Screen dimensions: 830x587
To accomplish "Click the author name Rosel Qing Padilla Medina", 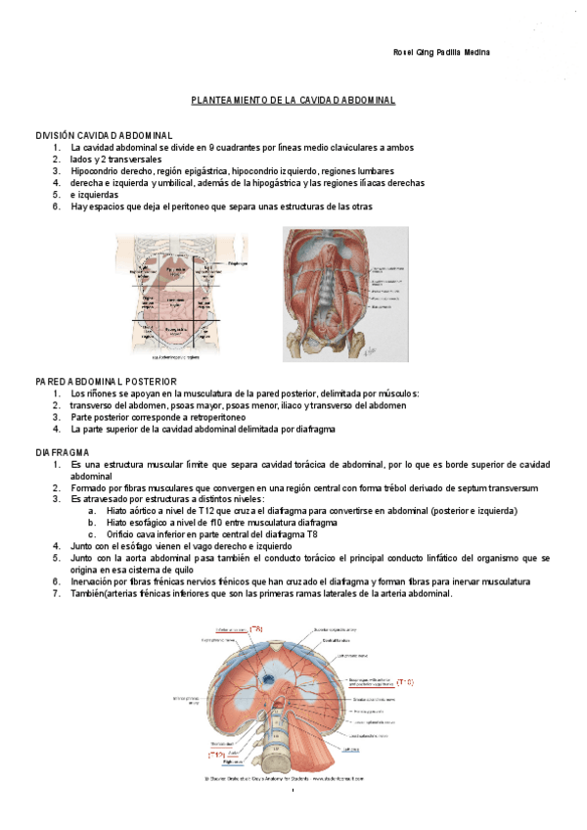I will [441, 52].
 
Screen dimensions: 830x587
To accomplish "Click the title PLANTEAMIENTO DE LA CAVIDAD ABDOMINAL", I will [293, 101].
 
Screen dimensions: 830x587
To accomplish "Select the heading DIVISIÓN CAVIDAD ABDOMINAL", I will [105, 135].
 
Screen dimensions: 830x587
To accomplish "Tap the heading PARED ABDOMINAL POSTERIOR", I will [106, 381].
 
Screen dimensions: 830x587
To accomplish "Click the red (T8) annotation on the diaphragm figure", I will [256, 628].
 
